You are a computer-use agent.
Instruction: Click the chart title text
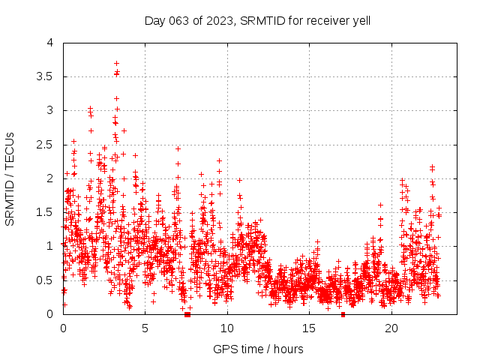257,20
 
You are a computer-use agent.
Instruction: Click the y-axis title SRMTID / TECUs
10,178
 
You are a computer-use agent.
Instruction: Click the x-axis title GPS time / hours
258,349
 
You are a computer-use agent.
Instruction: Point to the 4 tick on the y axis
50,43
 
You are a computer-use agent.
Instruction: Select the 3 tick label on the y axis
50,110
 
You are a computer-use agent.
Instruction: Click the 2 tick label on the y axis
50,178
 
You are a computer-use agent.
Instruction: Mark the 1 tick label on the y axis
50,246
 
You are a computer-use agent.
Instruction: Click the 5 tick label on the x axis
145,328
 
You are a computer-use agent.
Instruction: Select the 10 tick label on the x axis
227,328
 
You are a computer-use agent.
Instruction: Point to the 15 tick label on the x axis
310,328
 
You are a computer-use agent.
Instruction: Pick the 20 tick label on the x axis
391,328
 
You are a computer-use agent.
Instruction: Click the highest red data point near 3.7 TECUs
116,63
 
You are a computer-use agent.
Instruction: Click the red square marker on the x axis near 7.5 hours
187,313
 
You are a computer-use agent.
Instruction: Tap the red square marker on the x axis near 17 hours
343,313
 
